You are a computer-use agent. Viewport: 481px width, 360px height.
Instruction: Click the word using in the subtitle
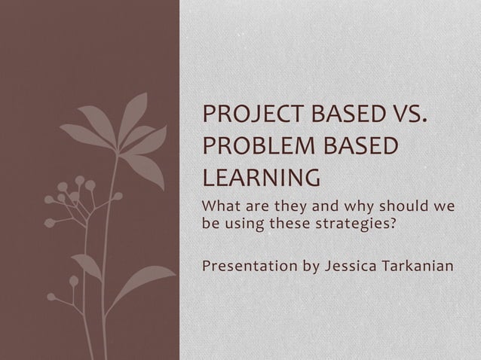243,223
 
